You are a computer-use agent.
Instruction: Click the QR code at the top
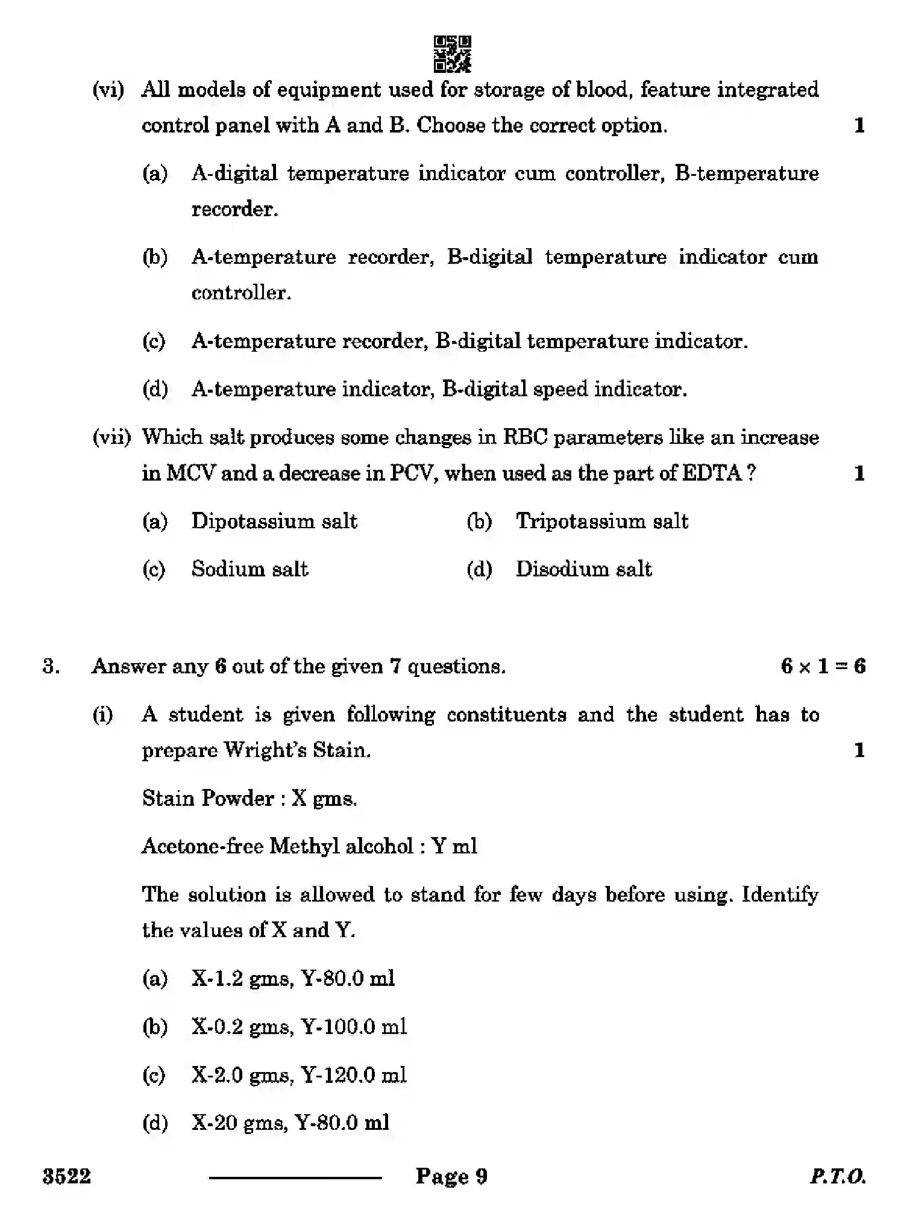(x=452, y=54)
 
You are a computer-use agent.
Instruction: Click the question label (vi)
(x=108, y=90)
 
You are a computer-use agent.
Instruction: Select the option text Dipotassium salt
(x=274, y=521)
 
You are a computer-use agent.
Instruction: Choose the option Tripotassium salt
(x=601, y=521)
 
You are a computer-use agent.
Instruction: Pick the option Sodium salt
(x=250, y=569)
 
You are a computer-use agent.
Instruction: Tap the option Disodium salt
(x=583, y=569)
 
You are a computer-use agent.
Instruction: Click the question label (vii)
(x=111, y=437)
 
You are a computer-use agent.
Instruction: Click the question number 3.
(x=51, y=667)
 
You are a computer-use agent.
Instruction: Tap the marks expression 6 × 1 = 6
(x=823, y=666)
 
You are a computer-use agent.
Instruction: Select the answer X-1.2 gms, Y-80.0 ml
(x=293, y=979)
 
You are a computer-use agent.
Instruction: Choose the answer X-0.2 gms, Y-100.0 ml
(x=299, y=1027)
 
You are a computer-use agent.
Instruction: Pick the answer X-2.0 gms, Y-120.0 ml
(x=299, y=1075)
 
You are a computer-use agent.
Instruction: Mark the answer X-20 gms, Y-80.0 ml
(x=290, y=1123)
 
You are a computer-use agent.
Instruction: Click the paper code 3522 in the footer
(x=66, y=1176)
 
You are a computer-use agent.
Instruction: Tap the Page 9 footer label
(x=451, y=1176)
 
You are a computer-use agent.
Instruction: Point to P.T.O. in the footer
(x=838, y=1176)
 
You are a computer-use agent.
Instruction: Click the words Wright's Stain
(x=297, y=750)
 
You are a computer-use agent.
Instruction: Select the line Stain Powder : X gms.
(x=250, y=799)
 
